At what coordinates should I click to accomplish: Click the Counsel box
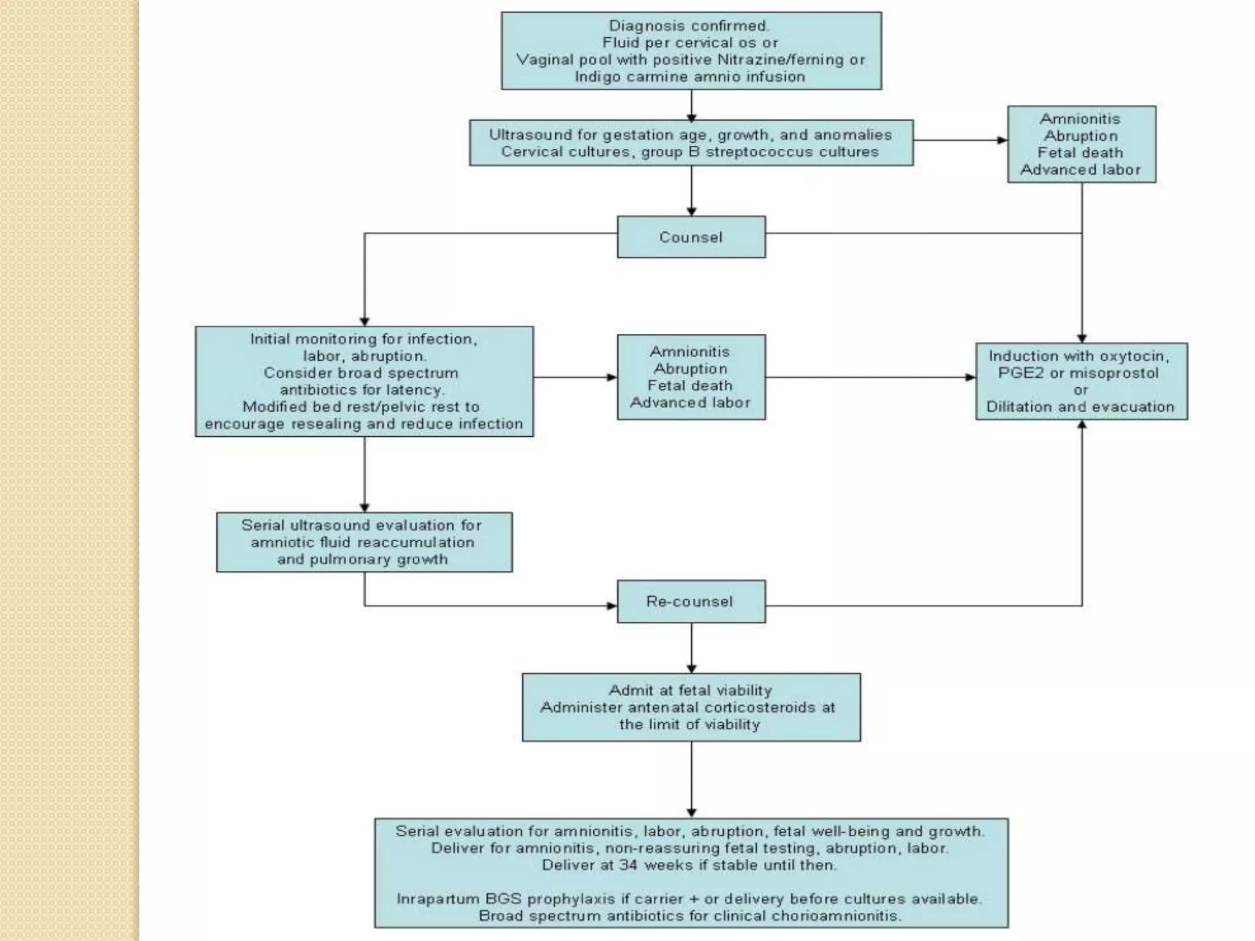[691, 237]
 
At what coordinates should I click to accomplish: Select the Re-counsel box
[691, 601]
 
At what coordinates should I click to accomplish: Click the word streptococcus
[756, 152]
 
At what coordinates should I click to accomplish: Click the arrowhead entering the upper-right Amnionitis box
[1002, 140]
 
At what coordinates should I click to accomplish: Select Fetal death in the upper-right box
[1080, 153]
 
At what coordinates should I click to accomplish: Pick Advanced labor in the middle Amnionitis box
[691, 402]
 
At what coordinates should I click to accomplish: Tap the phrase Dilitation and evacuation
[1080, 407]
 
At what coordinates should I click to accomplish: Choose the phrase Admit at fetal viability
[691, 690]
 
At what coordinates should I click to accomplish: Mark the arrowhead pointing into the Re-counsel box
[612, 606]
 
